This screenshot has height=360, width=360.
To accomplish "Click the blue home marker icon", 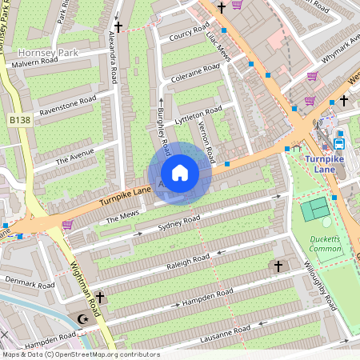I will [x=180, y=173].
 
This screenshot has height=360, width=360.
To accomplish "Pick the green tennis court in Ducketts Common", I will [x=314, y=209].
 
